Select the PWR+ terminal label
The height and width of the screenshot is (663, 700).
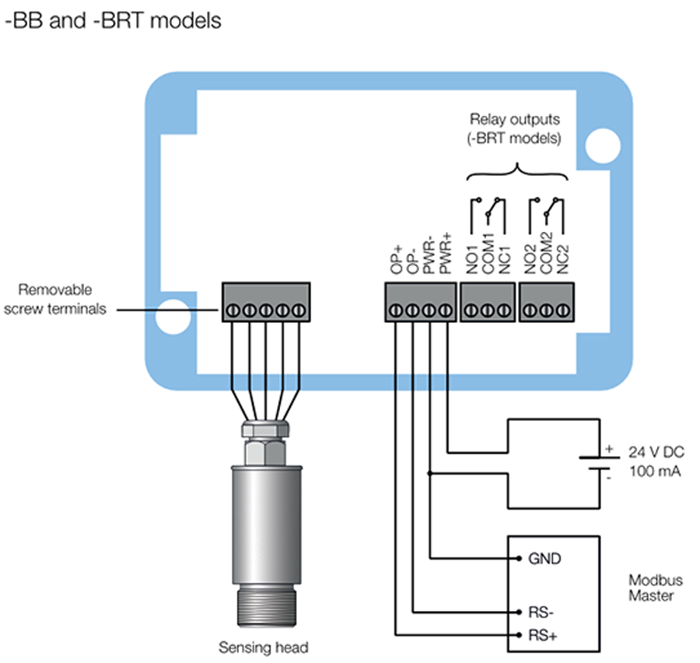446,253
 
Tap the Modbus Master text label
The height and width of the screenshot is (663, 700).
650,588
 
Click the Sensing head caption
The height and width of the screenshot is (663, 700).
263,647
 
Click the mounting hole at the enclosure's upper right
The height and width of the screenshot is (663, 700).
600,142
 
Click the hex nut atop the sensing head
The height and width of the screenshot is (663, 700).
264,449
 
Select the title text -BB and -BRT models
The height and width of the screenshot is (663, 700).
114,19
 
